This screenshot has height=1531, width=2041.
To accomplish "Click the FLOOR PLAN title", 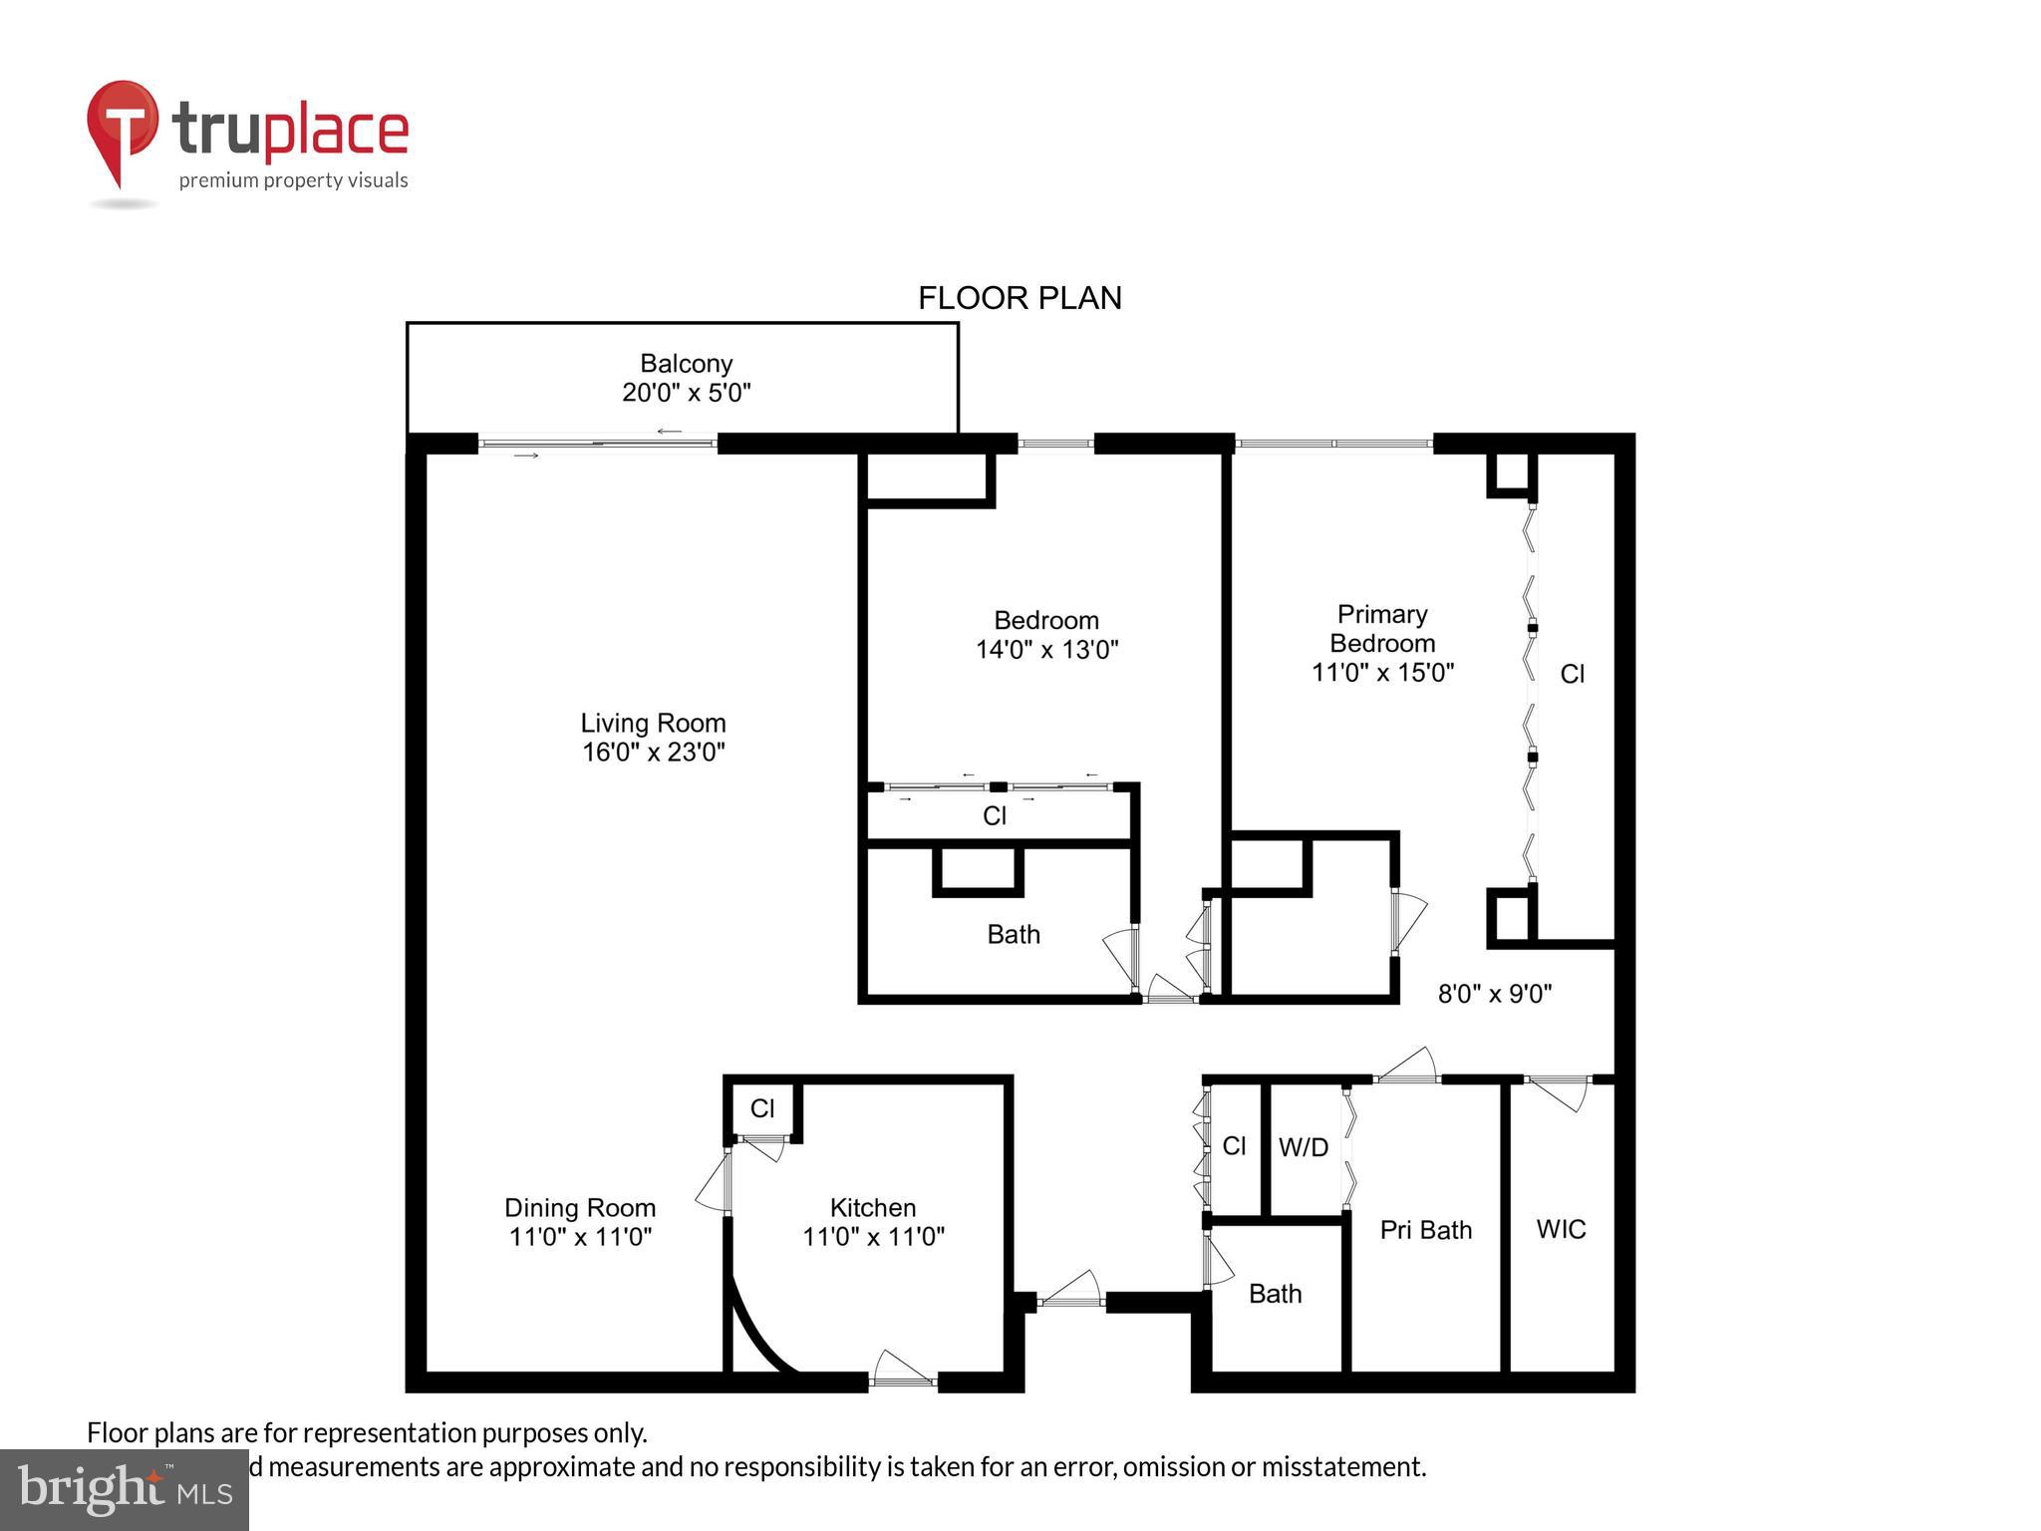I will tap(1020, 298).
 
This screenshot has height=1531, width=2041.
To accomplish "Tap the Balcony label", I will tap(686, 364).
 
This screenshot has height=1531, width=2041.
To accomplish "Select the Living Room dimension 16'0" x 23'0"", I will tap(653, 752).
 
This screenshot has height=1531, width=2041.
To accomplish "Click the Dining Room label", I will tap(580, 1208).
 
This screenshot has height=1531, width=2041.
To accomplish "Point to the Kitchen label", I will tap(873, 1208).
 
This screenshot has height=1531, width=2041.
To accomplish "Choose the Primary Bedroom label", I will tap(1382, 629).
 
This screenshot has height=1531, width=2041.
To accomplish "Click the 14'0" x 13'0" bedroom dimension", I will tap(1046, 650).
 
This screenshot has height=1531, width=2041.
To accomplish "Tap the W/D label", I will tap(1304, 1148).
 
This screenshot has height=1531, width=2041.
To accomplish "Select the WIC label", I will tap(1561, 1230).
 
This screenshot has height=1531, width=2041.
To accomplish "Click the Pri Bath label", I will tap(1425, 1231).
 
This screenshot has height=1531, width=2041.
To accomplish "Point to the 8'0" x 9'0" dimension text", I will tap(1495, 994).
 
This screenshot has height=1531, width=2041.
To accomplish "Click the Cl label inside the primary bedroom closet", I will tap(1572, 675).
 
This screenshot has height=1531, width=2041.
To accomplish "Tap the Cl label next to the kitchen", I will tap(762, 1108).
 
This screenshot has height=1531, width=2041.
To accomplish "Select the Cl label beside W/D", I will tap(1234, 1146).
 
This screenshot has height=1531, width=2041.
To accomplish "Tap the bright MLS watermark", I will tap(125, 1489).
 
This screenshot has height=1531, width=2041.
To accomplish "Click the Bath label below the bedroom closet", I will tap(1014, 935).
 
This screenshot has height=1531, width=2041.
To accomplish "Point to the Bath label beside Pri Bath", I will tap(1275, 1294).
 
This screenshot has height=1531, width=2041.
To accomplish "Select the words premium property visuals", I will tap(293, 180).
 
